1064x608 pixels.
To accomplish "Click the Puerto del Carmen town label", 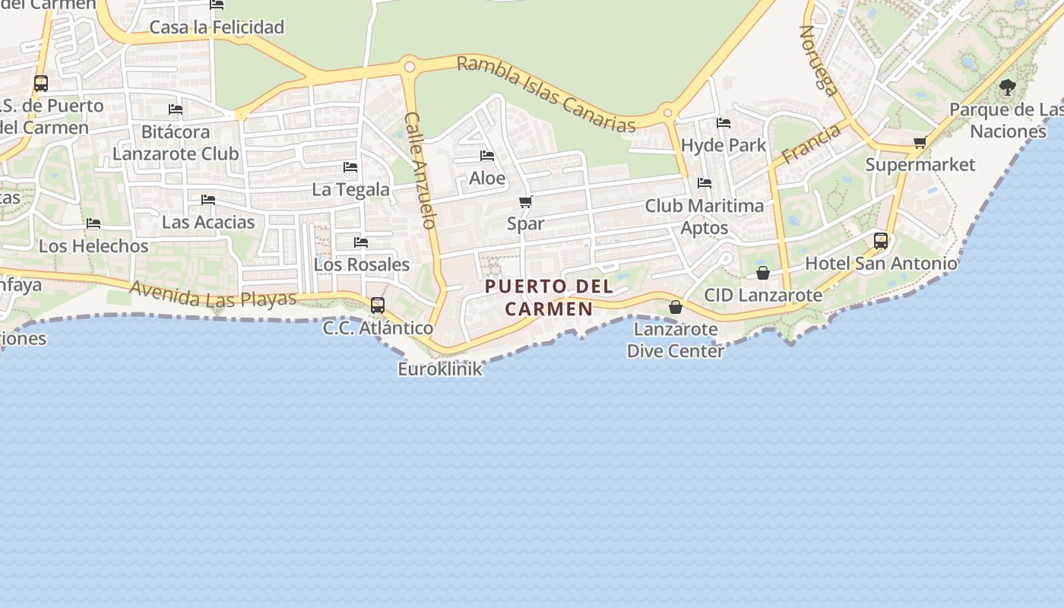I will click(549, 297).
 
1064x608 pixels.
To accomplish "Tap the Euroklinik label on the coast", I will click(440, 369).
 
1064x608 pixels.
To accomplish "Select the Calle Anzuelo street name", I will click(420, 170).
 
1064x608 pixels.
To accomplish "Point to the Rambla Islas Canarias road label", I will click(546, 93).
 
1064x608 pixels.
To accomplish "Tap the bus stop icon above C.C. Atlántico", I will click(378, 306).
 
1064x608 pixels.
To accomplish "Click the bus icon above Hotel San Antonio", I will click(881, 241).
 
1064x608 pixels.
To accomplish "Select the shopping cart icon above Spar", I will click(526, 201).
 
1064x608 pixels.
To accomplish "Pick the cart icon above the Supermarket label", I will click(920, 142).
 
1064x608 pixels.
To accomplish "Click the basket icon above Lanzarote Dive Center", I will click(675, 307).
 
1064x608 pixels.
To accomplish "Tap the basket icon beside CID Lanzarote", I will click(763, 273).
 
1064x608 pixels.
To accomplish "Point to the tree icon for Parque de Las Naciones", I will click(1008, 87).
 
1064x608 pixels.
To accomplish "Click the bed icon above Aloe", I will click(487, 156).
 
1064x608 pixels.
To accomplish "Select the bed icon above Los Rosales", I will click(361, 242).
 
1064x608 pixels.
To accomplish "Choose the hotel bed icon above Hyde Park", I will click(724, 122).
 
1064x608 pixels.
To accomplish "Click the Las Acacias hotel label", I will click(208, 223).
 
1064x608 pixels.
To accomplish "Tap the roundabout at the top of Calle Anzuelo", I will click(410, 67).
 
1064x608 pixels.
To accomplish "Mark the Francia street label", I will click(812, 144).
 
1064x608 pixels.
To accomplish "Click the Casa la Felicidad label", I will click(217, 27).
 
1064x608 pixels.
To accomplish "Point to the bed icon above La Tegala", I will click(350, 166).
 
